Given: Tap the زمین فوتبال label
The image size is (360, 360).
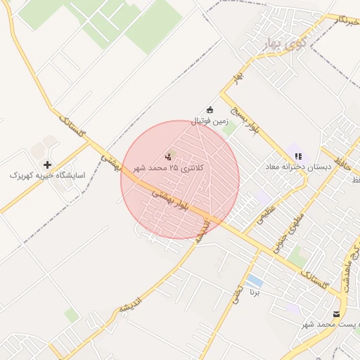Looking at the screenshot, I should coord(210,121).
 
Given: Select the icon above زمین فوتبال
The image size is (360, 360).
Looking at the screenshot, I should coord(210,108).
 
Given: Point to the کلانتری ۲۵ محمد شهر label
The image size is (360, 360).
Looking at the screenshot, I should coord(167,169).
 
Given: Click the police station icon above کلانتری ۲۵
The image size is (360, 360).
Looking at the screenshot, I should coord(168,156).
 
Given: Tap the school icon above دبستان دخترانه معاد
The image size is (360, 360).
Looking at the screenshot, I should coord(298,155).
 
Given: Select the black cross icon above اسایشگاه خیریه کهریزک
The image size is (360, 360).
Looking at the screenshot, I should coord(47,164).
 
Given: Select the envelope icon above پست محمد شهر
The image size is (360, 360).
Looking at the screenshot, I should coord(337,314).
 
